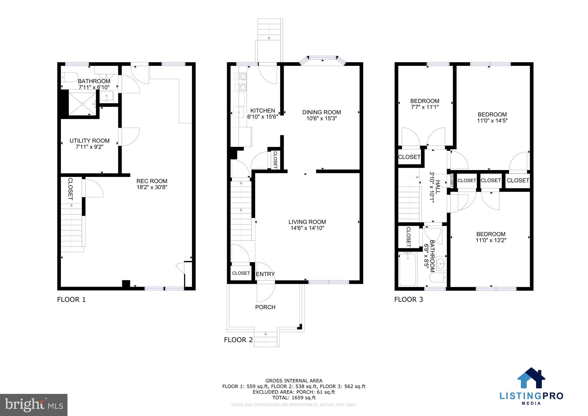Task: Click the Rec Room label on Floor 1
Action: (x=152, y=181)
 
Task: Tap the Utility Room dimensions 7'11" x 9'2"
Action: (x=89, y=147)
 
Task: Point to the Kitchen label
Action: (x=262, y=111)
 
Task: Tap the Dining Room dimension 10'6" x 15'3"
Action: (x=321, y=118)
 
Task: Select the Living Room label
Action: (x=307, y=222)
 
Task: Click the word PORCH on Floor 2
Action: (x=265, y=307)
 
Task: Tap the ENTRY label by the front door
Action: (x=265, y=274)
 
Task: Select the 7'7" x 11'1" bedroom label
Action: (x=424, y=107)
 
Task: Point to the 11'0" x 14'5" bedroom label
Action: (x=492, y=121)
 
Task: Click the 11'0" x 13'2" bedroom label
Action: (x=491, y=240)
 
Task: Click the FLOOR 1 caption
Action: (x=71, y=300)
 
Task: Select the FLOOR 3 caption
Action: (x=408, y=300)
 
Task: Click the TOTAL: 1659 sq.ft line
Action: (x=294, y=398)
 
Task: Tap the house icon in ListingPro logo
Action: (x=531, y=378)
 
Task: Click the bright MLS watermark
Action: (x=34, y=405)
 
